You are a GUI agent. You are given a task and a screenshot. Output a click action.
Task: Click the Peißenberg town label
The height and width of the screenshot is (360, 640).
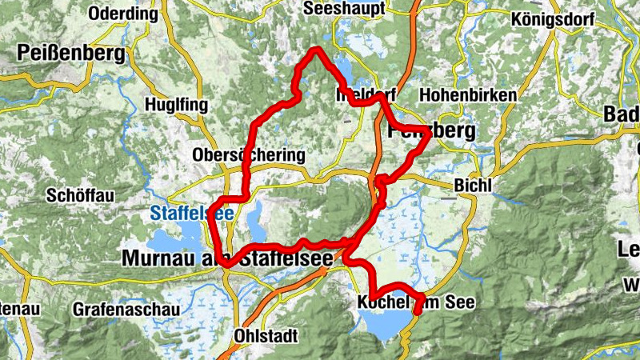pos(70,54)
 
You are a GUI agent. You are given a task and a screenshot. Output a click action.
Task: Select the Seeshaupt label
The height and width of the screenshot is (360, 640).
pos(345,8)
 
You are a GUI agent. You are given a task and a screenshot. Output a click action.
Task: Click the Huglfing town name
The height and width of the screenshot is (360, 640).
pos(176,105)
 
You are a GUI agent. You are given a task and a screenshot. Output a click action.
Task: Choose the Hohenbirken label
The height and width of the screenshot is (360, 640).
pos(467,94)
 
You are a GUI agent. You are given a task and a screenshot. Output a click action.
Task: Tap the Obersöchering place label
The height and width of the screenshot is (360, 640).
pos(249,154)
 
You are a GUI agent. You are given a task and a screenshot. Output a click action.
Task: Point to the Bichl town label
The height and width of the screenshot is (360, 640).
pos(470,185)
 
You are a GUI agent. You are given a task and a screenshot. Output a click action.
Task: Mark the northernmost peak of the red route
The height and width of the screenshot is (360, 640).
pos(317,50)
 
